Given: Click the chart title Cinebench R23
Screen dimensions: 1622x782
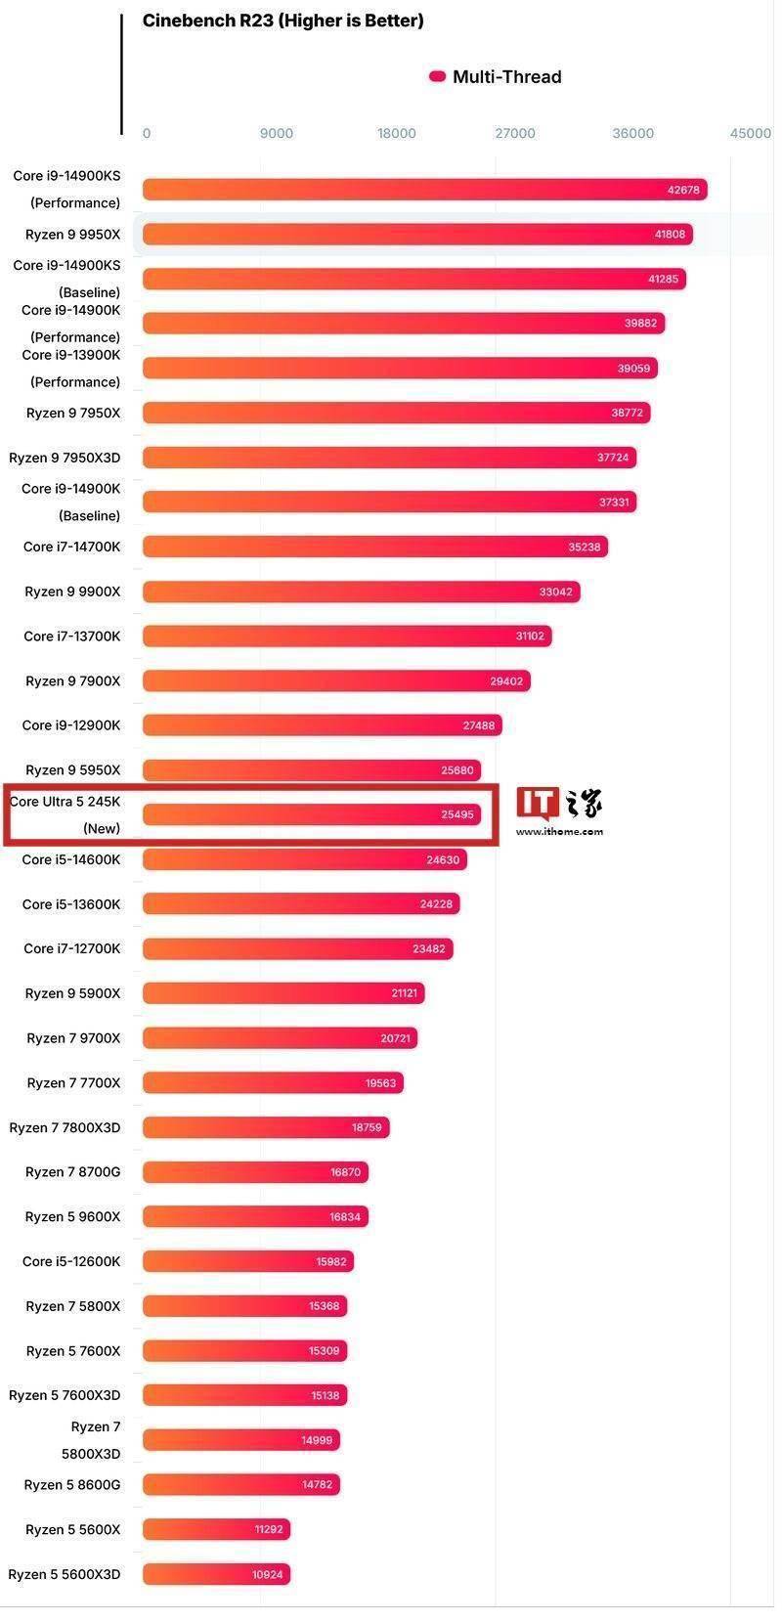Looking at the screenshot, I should tap(282, 21).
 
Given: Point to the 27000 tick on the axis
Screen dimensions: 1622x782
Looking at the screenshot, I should tap(515, 133).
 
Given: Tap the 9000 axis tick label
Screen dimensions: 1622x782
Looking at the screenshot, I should tap(277, 133).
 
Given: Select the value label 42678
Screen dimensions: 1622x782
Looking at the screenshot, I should tap(683, 190).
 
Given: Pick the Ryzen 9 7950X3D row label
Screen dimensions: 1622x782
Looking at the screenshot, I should tap(65, 458).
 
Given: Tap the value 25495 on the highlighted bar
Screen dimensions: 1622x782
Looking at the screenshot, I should tap(457, 814).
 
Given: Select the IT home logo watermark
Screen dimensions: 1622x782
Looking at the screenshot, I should tap(559, 804).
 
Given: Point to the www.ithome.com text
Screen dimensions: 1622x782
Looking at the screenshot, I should tap(559, 832).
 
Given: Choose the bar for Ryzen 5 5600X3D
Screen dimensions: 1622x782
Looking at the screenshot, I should tap(216, 1574).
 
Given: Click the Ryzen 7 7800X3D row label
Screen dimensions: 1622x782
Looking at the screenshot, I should tap(65, 1127).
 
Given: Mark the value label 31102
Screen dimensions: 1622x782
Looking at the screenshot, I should tap(530, 636).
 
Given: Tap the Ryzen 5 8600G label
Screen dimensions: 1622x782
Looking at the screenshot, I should tap(72, 1484).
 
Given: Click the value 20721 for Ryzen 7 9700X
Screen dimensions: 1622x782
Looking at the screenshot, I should tap(396, 1038).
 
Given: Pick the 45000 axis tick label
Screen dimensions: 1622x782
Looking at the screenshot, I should tap(750, 133).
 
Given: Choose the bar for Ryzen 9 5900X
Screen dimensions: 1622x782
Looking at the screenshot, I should tap(283, 993).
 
